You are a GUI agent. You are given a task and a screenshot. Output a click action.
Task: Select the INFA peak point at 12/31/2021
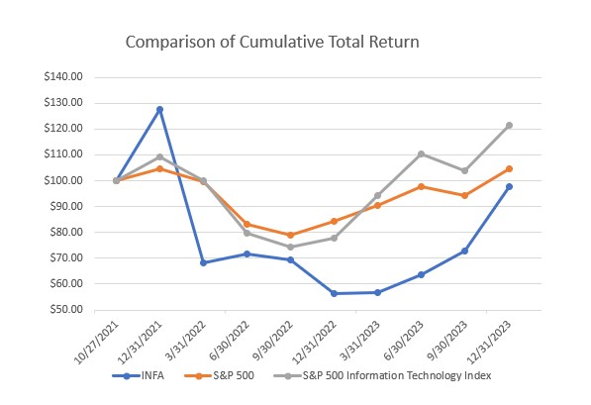[x=159, y=109]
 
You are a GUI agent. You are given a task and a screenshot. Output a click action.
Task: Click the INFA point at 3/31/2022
[x=203, y=262]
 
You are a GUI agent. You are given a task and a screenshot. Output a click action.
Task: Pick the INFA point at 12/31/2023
[x=509, y=186]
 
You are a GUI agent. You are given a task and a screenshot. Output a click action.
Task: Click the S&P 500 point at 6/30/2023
[x=422, y=186]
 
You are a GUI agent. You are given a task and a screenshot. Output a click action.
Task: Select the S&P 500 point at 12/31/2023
[x=509, y=168]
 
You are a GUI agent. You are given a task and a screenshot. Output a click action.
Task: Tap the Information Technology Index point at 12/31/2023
[x=509, y=126]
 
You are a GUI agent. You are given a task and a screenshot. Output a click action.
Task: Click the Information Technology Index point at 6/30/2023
[x=422, y=153]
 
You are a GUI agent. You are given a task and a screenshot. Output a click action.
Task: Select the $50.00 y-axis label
[x=76, y=310]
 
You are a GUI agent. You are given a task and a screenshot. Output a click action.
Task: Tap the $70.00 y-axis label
[x=76, y=258]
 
